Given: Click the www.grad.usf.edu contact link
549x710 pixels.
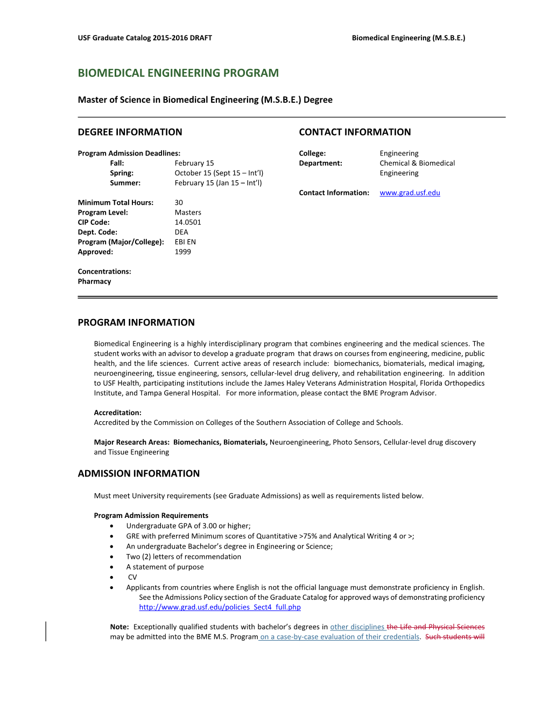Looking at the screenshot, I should pos(410,193).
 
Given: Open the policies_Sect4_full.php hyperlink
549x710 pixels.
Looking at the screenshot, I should pos(220,607).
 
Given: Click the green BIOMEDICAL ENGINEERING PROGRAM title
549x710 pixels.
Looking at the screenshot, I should pos(178,73).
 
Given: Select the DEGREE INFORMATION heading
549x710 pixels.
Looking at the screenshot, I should pos(130,132).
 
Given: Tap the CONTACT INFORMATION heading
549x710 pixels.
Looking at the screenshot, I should pos(355,132).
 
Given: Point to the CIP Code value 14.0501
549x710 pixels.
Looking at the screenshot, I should pos(188,222).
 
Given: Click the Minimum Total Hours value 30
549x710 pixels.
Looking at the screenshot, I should pos(179,203).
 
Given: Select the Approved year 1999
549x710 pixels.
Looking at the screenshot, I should pos(182,252).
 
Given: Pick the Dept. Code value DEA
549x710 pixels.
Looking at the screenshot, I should pos(181,232).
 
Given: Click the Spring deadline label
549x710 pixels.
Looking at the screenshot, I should pos(122,173).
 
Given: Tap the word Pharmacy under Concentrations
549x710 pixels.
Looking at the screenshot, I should pos(94,281).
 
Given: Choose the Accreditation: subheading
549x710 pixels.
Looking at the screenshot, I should pos(117,413).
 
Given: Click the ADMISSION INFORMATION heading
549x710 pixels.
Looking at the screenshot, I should pos(138,473).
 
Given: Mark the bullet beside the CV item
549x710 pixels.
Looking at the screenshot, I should pos(111,577).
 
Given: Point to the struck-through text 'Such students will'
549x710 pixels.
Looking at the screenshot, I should pos(455,637).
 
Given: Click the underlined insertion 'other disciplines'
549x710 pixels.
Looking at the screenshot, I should pos(357,627).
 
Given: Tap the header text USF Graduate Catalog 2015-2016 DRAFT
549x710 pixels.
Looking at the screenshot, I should pos(145,38).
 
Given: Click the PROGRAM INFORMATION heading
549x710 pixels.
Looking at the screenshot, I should pos(136,322).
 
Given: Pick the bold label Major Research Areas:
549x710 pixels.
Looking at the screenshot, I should pos(131,442).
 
